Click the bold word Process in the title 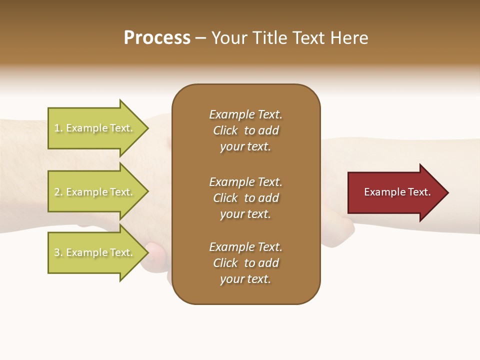pos(157,38)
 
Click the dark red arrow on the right pos(395,192)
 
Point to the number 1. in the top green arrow pos(58,128)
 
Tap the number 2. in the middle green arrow pos(58,192)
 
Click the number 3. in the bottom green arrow pos(58,252)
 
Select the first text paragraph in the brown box pos(245,130)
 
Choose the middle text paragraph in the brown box pos(245,198)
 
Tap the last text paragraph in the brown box pos(245,263)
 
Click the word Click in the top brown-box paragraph pos(225,130)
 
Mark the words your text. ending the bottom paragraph pos(245,279)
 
